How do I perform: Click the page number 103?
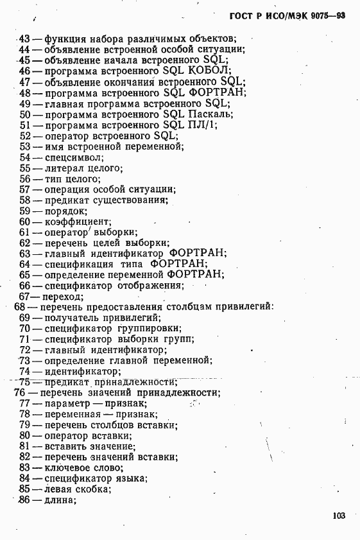[339, 515]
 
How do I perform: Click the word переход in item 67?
[62, 297]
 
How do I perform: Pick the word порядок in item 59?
[65, 211]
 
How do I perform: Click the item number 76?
[19, 392]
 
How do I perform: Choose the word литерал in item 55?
[65, 168]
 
